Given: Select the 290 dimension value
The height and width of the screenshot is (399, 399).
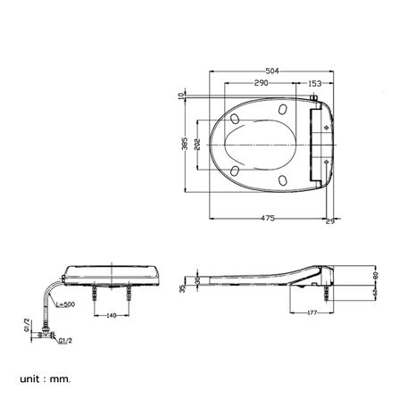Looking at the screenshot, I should coord(261,83).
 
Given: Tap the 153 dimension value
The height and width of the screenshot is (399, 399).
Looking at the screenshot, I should coord(314,83).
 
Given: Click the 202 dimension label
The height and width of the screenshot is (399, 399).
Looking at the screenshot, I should coord(197,145).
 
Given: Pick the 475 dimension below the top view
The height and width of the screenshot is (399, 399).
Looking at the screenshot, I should coord(266,216).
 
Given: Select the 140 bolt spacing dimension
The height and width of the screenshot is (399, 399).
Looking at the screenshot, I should coord(112,315).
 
